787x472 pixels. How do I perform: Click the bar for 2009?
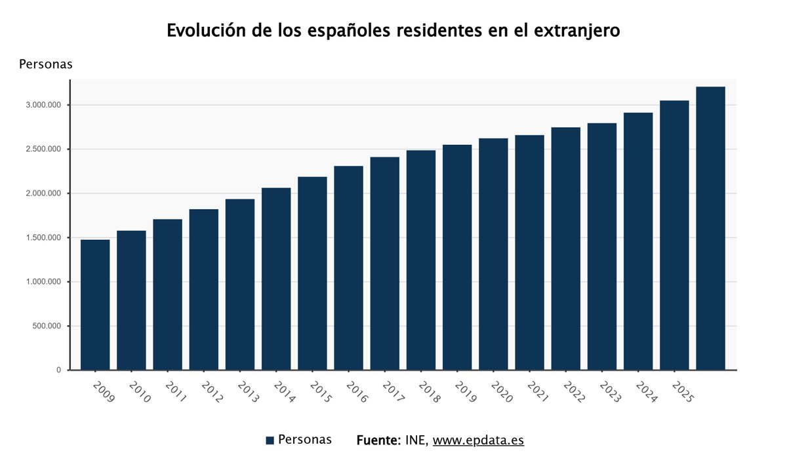coord(95,305)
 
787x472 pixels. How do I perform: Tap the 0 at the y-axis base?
coord(58,370)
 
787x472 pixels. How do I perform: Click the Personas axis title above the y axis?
coord(45,64)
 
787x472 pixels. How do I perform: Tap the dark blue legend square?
coord(270,441)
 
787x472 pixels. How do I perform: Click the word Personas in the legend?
coord(305,439)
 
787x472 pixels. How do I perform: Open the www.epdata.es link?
coord(478,440)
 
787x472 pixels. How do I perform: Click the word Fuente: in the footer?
coord(378,440)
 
